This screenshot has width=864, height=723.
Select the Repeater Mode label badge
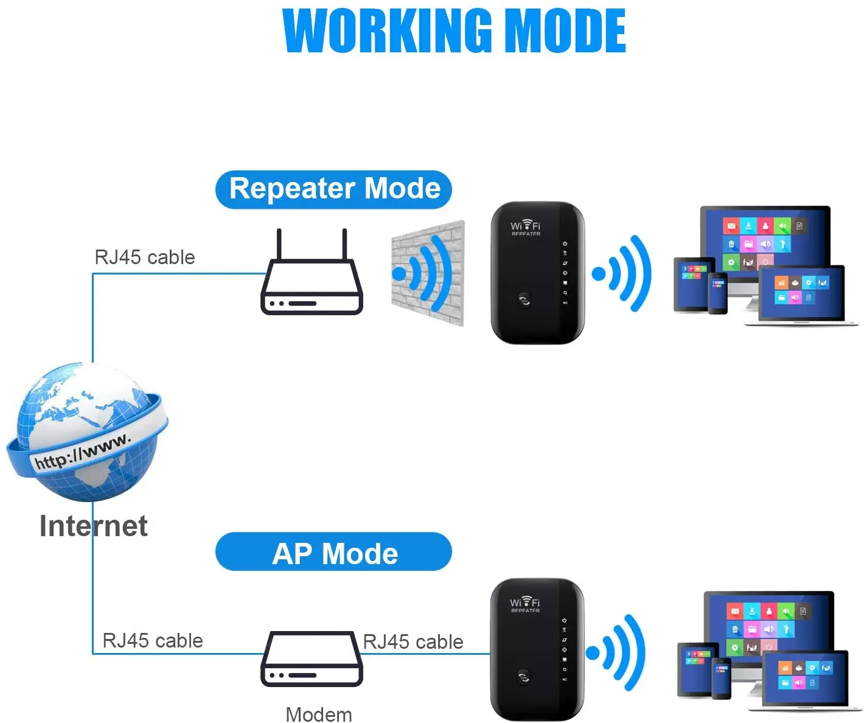point(333,189)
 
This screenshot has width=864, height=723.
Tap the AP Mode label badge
point(333,553)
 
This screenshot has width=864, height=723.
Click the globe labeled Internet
point(87,432)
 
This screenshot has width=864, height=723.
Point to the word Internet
point(93,526)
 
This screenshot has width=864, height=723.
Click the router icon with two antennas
point(312,280)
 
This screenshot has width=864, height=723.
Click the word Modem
point(319,714)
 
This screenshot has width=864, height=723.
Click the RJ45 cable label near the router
point(145,257)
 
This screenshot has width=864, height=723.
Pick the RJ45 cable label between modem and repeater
point(413,641)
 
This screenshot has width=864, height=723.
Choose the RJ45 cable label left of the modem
point(153,640)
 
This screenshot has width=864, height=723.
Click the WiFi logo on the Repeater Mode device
point(526,226)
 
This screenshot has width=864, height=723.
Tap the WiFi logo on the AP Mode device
point(525,603)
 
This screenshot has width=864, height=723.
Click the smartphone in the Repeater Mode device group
point(718,293)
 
